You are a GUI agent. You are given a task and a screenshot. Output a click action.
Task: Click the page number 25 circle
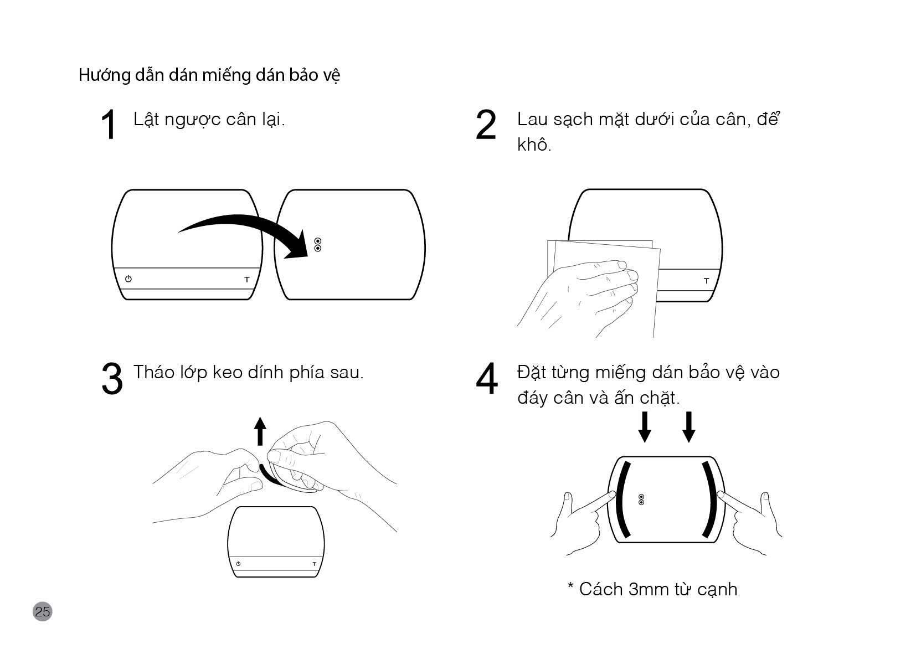click(x=42, y=611)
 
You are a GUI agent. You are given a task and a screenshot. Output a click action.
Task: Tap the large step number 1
click(x=109, y=125)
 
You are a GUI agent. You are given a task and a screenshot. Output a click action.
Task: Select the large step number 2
click(x=486, y=125)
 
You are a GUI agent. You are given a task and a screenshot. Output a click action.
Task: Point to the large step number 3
click(x=112, y=378)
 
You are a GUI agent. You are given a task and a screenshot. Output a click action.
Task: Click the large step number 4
click(x=487, y=378)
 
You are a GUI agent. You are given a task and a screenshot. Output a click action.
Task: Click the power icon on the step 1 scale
click(x=128, y=279)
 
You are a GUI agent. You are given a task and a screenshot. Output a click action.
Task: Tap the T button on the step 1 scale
click(x=246, y=279)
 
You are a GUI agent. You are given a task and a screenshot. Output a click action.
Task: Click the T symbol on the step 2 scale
click(x=706, y=281)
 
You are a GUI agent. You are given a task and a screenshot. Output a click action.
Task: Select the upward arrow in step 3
click(x=260, y=431)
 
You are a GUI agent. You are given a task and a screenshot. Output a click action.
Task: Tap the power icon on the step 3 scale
click(x=238, y=564)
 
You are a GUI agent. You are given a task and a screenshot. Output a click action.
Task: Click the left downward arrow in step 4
click(x=645, y=427)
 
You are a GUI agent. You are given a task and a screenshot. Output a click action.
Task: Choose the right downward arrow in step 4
click(x=689, y=427)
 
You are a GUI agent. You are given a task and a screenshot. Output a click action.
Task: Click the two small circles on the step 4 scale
click(x=641, y=499)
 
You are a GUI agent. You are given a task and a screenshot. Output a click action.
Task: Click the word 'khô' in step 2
click(x=532, y=145)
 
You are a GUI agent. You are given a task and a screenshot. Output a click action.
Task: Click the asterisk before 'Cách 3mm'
click(x=570, y=585)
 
